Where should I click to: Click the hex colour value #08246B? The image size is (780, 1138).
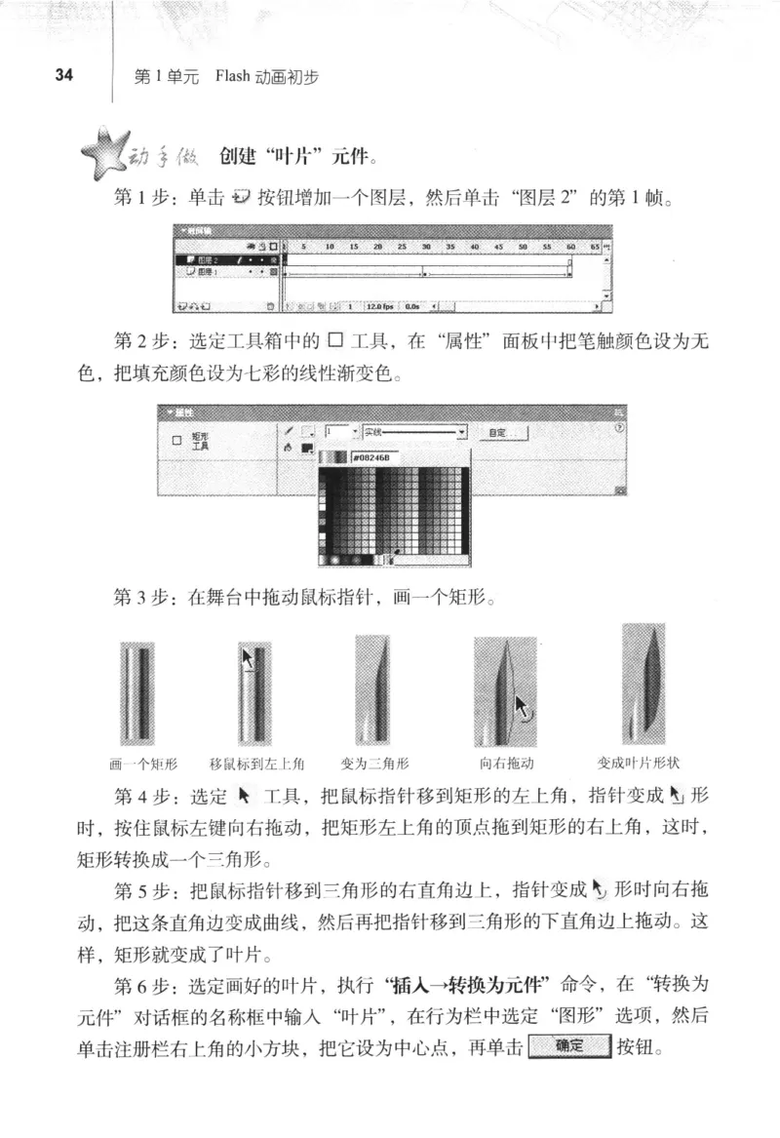(368, 456)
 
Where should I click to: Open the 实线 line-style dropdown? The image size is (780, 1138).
(413, 430)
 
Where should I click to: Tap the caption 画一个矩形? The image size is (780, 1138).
(143, 764)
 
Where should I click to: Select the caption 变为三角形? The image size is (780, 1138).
(375, 764)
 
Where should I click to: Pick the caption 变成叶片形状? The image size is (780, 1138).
(637, 764)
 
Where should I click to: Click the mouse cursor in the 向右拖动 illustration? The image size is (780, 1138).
(524, 706)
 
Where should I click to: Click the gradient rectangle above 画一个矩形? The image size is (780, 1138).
(136, 693)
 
